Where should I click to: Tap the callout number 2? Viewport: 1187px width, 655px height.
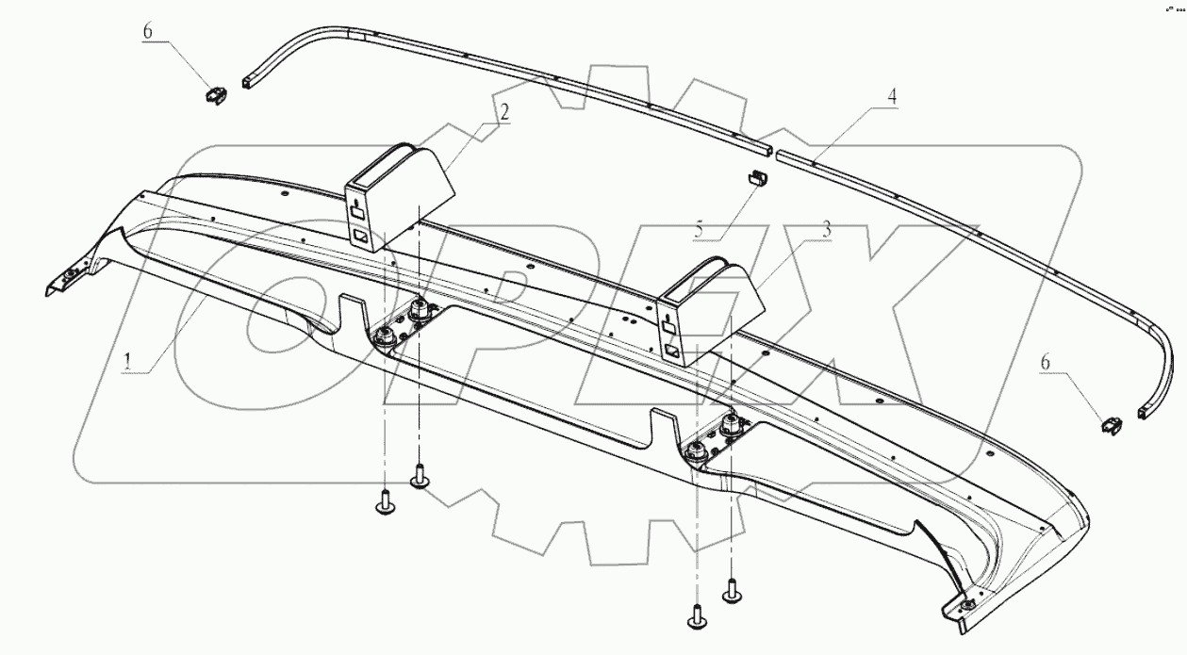click(505, 112)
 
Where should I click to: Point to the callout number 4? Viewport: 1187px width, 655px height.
click(889, 96)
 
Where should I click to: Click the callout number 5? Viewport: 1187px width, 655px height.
click(700, 227)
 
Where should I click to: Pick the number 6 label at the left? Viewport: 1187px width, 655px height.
click(147, 31)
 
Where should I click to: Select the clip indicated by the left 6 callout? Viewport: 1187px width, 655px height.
click(217, 94)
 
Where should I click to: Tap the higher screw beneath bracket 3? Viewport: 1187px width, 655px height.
click(732, 591)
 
